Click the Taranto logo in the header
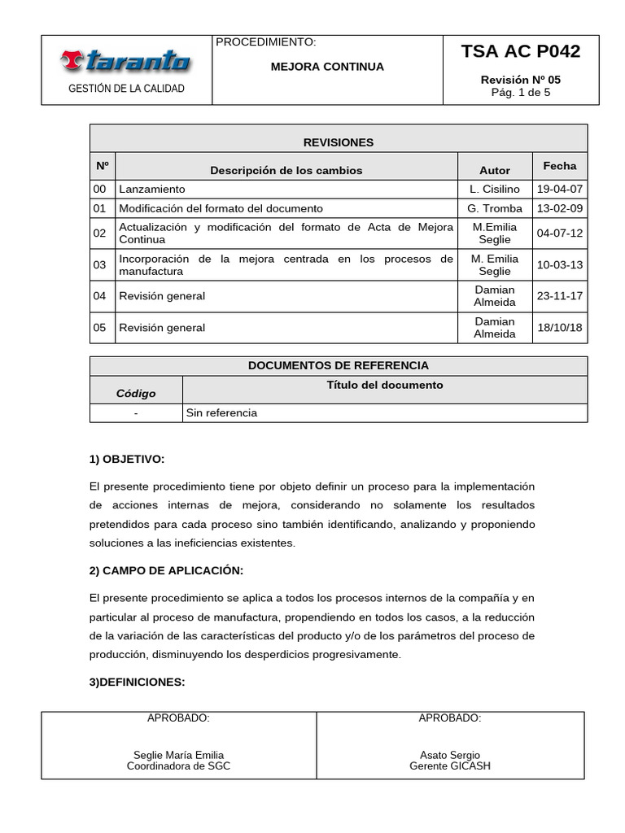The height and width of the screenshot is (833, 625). pos(125,61)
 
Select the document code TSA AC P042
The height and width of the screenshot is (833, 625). pos(521,52)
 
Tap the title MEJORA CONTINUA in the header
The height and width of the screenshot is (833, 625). pos(327,67)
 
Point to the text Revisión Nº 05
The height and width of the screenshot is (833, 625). pos(521,80)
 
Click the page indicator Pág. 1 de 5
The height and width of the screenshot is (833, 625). pos(521,93)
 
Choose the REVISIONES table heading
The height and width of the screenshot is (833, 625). pos(338,142)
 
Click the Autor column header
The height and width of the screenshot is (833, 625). pos(495,170)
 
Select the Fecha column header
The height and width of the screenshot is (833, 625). pos(559,166)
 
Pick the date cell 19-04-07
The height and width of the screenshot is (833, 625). pos(559,189)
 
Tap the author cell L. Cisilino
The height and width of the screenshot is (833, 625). pos(495,189)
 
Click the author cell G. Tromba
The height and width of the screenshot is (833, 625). pos(495,208)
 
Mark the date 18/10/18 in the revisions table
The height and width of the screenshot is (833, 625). pos(559,328)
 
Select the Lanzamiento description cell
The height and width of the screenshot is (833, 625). pos(152,189)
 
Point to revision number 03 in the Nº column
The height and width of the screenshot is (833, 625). pos(100,265)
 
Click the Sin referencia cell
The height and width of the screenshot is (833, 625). pos(221,413)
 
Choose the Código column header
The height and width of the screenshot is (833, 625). pos(136,393)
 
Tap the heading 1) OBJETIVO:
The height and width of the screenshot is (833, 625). pos(127,460)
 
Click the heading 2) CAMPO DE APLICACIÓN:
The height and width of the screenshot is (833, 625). pos(166,570)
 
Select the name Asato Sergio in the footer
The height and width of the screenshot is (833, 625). pos(450,755)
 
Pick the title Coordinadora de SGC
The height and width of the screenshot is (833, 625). pos(178,766)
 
